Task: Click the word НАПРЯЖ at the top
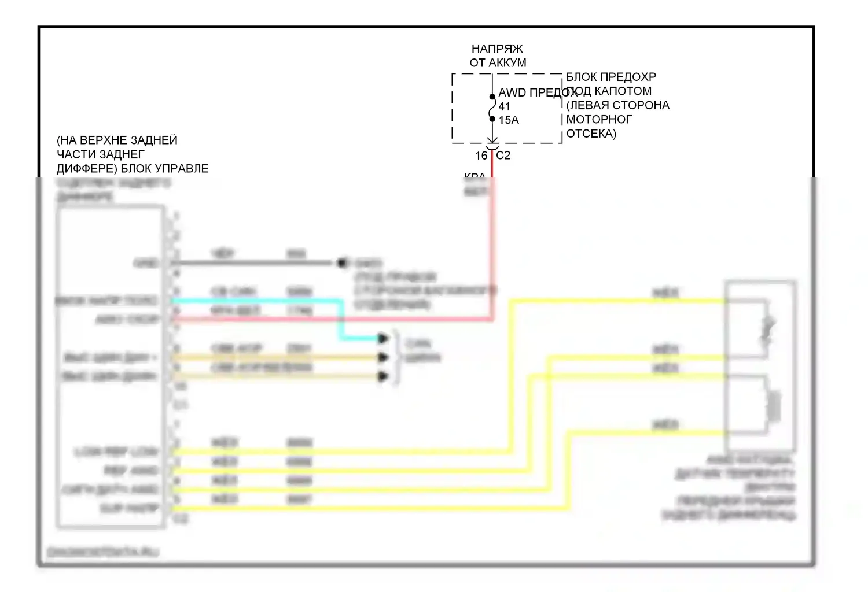coord(497,49)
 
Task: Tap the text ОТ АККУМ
coord(498,62)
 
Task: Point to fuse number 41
coord(504,106)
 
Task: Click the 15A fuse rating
coord(509,120)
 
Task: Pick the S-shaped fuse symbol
coord(492,108)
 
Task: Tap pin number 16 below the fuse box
coord(481,156)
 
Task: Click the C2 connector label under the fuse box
coord(503,156)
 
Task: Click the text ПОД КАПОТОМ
coord(609,91)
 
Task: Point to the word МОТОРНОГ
coord(599,119)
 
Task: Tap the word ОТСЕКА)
coord(591,134)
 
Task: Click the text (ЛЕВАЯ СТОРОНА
coord(617,105)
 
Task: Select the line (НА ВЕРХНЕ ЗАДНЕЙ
coord(117,140)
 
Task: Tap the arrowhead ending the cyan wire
coord(383,338)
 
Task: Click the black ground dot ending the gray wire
coord(342,263)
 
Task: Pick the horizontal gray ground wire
coord(255,263)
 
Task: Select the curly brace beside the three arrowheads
coord(397,357)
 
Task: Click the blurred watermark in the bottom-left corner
coord(102,552)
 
